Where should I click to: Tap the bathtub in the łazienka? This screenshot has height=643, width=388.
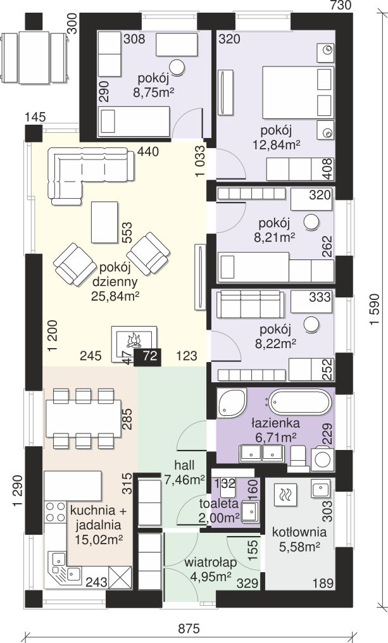(x=300, y=403)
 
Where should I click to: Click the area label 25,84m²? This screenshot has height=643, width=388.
(x=114, y=296)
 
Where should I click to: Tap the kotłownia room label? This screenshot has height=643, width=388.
(x=299, y=532)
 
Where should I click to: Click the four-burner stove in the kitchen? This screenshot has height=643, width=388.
(x=55, y=511)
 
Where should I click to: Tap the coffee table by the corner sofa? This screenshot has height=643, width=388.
(x=104, y=222)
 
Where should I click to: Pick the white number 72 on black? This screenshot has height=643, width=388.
(x=151, y=356)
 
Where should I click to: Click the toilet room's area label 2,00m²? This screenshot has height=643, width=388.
(x=219, y=518)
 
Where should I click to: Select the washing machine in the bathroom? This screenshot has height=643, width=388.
(x=323, y=459)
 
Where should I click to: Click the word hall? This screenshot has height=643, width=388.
(x=185, y=465)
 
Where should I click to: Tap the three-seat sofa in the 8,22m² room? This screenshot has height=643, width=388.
(x=250, y=304)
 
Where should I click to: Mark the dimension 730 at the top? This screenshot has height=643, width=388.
(x=341, y=5)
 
